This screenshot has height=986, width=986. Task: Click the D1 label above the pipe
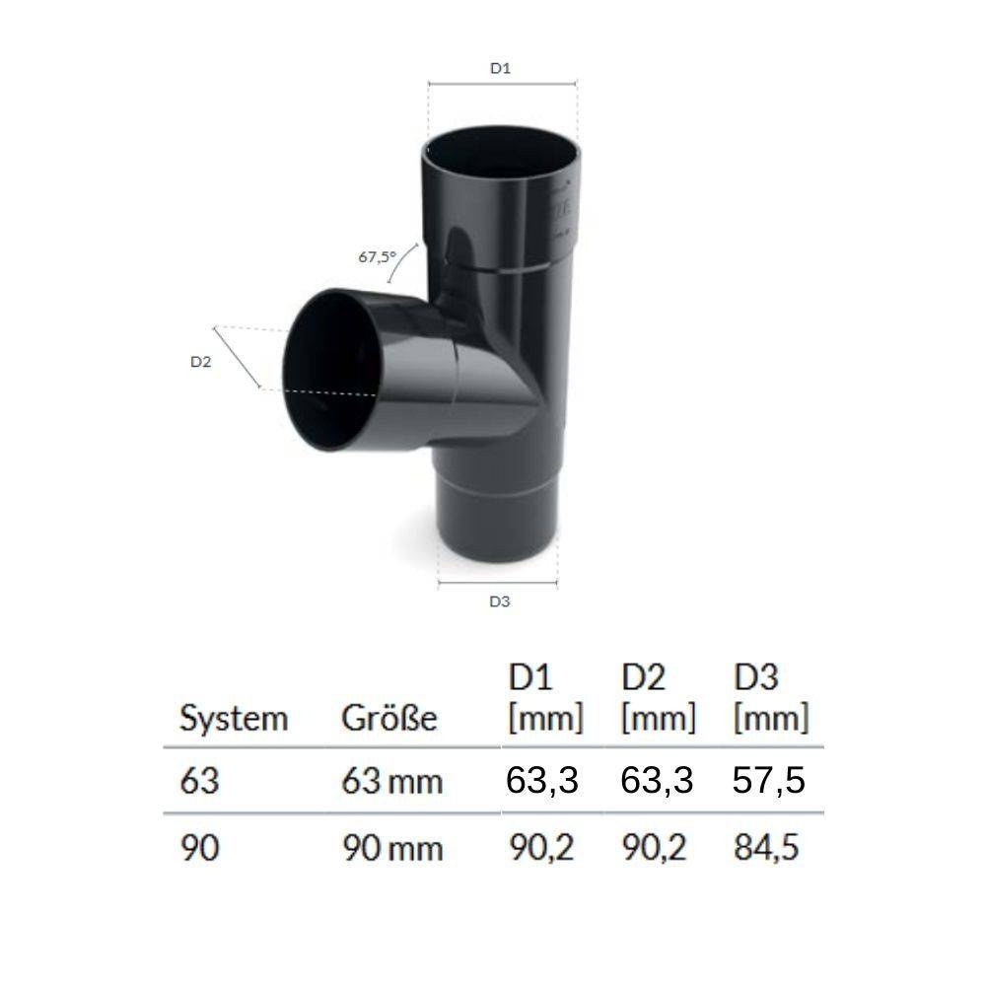click(x=500, y=68)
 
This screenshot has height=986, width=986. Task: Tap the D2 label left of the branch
click(x=201, y=362)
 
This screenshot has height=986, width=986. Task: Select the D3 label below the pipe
click(x=500, y=601)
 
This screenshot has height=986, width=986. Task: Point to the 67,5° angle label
click(x=376, y=257)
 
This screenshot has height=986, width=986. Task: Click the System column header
click(x=234, y=719)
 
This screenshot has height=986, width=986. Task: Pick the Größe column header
click(x=388, y=719)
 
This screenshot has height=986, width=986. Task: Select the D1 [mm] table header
click(x=545, y=698)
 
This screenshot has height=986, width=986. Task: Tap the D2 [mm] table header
click(x=658, y=698)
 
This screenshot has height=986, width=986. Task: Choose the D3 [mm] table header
click(x=770, y=698)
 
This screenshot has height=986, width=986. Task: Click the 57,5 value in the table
click(x=769, y=781)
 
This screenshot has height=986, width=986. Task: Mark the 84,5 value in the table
click(x=769, y=848)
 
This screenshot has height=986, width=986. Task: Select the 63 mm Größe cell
click(x=391, y=783)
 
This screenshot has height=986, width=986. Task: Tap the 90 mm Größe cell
click(x=391, y=849)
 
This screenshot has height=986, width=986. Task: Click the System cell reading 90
click(x=200, y=849)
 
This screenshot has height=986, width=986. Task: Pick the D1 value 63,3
click(x=542, y=781)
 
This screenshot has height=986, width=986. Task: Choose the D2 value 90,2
click(x=657, y=848)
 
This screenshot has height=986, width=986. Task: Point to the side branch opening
click(x=331, y=370)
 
